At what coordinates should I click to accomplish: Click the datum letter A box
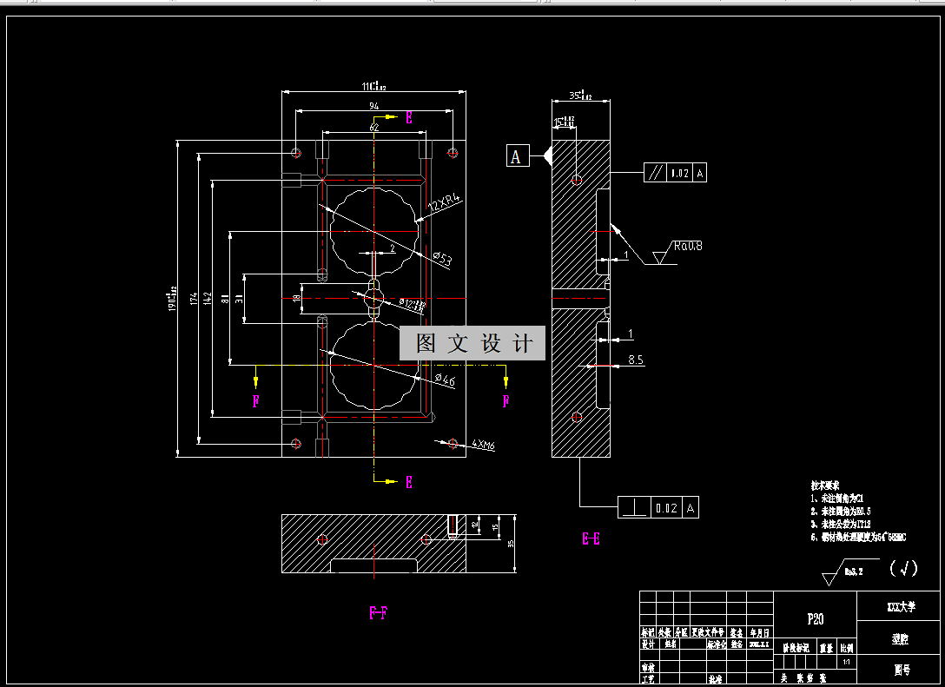pos(517,156)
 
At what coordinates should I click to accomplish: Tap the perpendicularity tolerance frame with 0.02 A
pos(658,507)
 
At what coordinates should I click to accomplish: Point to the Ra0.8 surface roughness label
pos(686,247)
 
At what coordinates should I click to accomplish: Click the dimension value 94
pos(374,106)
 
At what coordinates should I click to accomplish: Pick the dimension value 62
pos(374,128)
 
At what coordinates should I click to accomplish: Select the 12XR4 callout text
pos(444,202)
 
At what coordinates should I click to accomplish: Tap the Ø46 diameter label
pos(444,380)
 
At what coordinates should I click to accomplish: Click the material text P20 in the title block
pos(816,619)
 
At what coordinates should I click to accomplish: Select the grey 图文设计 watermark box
pos(472,344)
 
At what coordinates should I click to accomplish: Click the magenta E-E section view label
pos(591,539)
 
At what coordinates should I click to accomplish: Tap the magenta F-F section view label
pos(378,613)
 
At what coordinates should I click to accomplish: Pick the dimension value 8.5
pos(635,360)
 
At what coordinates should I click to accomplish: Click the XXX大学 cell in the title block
pos(898,606)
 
